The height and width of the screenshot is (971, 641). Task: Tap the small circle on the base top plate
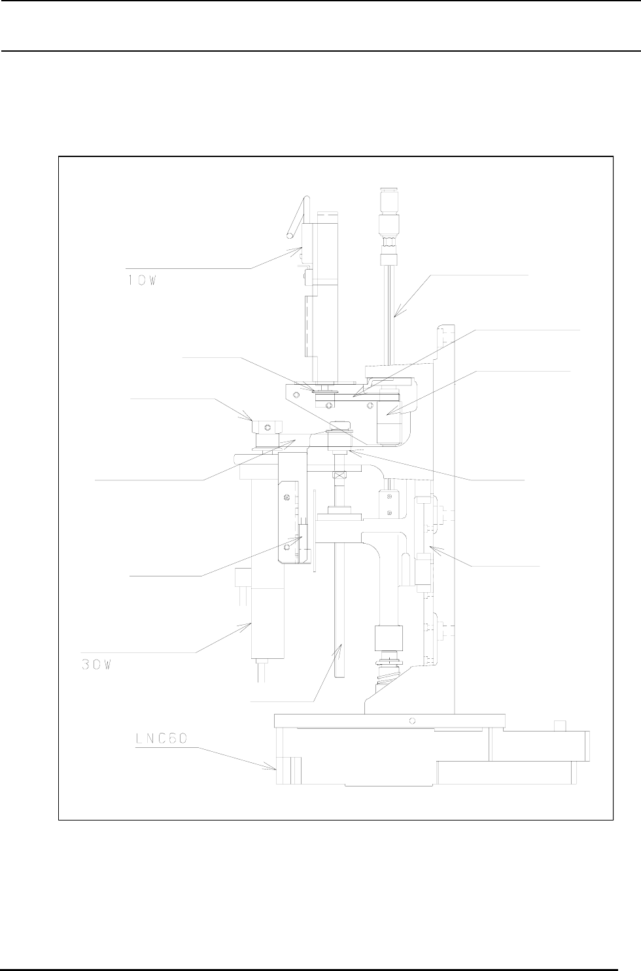click(x=411, y=721)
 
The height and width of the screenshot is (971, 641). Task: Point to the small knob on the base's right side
click(x=559, y=726)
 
